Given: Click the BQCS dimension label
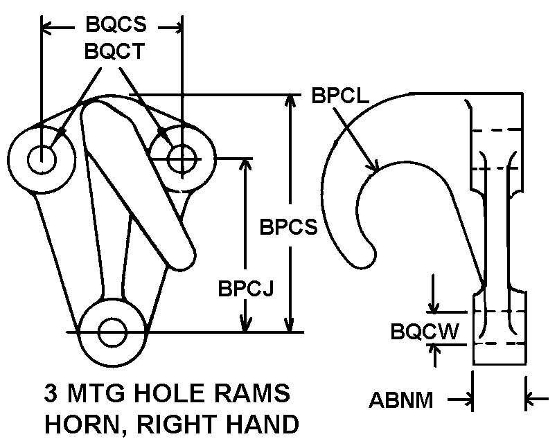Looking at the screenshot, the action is (x=116, y=24).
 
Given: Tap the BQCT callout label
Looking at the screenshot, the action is (x=115, y=51).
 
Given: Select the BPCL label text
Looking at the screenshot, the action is (x=341, y=95).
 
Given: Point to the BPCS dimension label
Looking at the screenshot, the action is (x=288, y=226).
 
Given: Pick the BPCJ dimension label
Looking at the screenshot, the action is (x=246, y=288).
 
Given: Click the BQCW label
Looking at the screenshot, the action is (x=425, y=331).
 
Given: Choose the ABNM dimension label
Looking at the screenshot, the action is (x=401, y=400).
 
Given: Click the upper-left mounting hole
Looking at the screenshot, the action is (x=42, y=159).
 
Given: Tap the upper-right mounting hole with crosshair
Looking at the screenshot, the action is (x=182, y=159).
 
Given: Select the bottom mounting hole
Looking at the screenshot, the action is (x=113, y=332).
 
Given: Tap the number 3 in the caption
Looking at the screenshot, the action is (x=51, y=393).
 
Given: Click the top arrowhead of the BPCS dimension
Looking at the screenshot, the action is (x=290, y=100).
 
